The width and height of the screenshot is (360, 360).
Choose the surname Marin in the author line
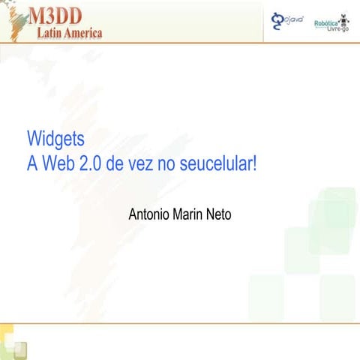192,214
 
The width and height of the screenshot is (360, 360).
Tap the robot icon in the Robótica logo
343,18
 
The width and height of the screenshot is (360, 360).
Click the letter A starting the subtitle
32,163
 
